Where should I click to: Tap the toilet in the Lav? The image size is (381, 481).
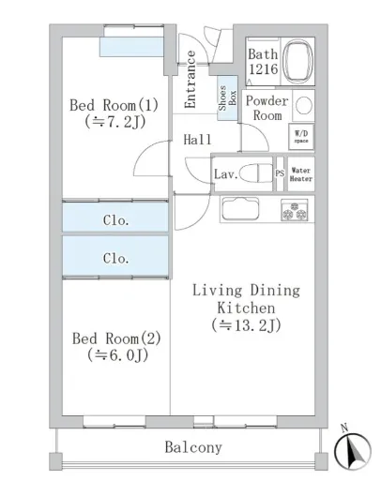click(255, 173)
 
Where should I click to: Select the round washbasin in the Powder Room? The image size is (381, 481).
click(304, 105)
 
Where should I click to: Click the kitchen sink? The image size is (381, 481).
click(240, 209)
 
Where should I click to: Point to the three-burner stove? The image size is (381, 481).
click(295, 210)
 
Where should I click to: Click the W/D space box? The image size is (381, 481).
click(301, 137)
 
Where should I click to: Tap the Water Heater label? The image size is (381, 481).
click(301, 174)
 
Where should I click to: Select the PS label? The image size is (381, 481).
click(280, 173)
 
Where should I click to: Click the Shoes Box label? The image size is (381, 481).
click(228, 98)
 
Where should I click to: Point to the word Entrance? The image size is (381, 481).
click(190, 80)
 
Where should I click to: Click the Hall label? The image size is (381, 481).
click(197, 140)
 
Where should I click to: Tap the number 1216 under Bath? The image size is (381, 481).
click(264, 69)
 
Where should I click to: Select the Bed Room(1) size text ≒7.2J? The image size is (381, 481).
click(115, 122)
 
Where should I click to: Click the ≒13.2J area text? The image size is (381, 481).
click(246, 325)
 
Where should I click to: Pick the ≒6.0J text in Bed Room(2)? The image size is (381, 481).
click(117, 354)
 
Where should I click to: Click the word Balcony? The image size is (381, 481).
click(193, 447)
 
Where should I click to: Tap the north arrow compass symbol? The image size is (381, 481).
click(353, 448)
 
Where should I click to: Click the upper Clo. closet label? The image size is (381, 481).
click(115, 220)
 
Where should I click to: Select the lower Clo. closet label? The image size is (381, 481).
click(115, 258)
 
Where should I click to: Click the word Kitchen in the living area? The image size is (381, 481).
click(246, 308)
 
